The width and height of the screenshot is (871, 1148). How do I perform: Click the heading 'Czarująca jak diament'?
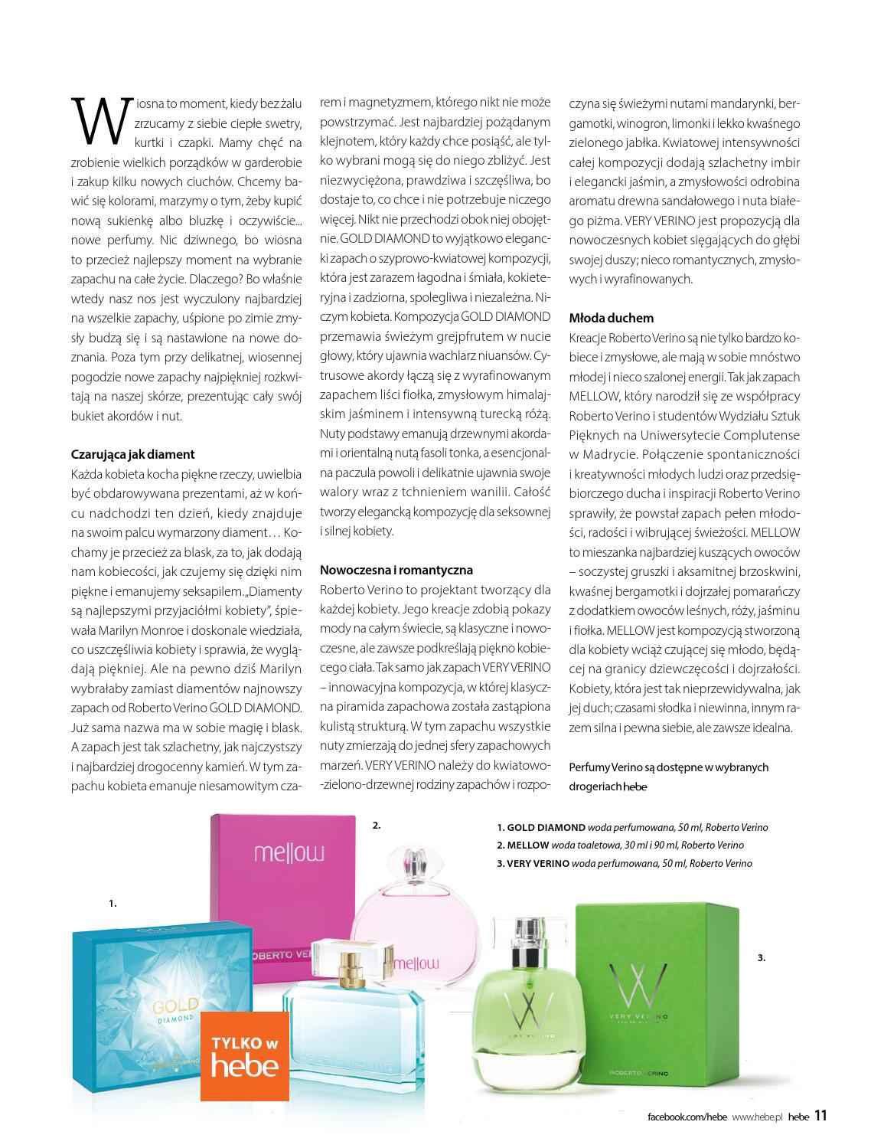coord(132,454)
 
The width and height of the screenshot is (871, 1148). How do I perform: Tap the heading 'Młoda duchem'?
coord(611,317)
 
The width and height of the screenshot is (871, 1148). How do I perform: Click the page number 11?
coord(821,1115)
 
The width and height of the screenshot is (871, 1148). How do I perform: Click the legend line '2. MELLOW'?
coord(620,845)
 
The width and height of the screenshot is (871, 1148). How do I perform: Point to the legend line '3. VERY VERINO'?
coord(624,863)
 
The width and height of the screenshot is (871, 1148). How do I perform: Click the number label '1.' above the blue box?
coord(113,904)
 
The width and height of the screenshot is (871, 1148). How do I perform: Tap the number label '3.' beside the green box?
coord(761,957)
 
